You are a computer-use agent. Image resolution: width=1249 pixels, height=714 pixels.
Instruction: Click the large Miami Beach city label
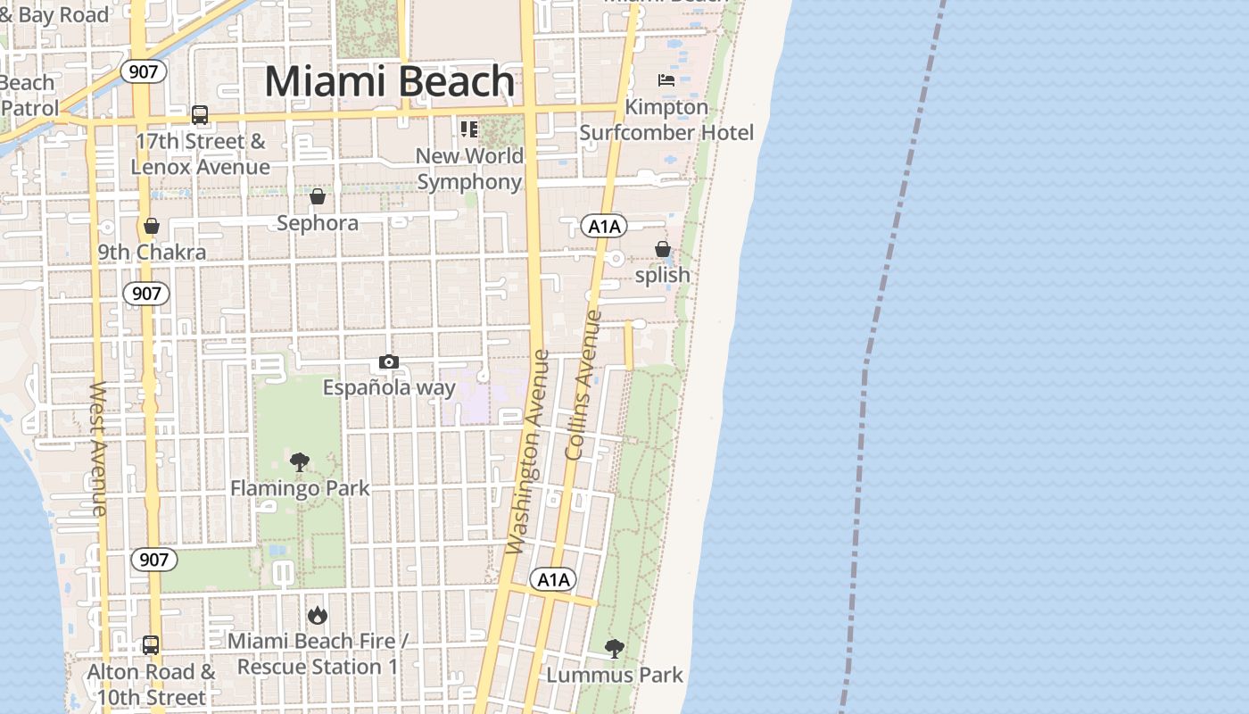click(390, 81)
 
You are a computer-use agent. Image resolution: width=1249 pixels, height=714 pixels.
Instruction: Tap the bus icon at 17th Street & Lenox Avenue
click(200, 115)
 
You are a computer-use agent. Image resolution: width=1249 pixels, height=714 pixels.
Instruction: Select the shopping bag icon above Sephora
click(318, 196)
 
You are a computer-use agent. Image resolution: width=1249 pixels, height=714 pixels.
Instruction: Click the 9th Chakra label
click(152, 252)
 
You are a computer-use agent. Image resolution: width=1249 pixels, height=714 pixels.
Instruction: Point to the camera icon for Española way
click(389, 361)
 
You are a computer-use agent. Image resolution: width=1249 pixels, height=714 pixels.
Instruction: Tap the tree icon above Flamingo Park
click(300, 462)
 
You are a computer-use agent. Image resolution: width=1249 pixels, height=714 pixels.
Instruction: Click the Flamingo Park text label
click(300, 488)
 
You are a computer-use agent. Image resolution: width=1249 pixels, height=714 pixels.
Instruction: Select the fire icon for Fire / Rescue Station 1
click(317, 615)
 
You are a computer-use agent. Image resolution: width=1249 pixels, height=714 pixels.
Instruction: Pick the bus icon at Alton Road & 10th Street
click(151, 644)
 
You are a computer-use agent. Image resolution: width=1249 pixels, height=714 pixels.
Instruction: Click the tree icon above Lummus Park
click(614, 649)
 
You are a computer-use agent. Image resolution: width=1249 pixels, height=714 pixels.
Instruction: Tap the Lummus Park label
click(614, 675)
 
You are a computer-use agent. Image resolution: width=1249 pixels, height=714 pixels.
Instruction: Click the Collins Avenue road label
click(584, 386)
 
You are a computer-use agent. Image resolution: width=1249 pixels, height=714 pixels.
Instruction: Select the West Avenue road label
click(98, 449)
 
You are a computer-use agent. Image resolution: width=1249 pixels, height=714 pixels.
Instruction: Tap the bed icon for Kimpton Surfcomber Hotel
click(666, 80)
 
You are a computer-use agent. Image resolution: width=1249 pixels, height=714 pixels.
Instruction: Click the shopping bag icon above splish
click(663, 249)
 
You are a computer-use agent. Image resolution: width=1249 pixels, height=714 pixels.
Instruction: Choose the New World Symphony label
click(469, 169)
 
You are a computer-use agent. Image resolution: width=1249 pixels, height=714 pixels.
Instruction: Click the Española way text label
click(389, 387)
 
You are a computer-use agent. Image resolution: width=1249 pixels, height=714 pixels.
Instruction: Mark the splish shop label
click(663, 275)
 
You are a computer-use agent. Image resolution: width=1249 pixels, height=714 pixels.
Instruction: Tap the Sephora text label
click(318, 222)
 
